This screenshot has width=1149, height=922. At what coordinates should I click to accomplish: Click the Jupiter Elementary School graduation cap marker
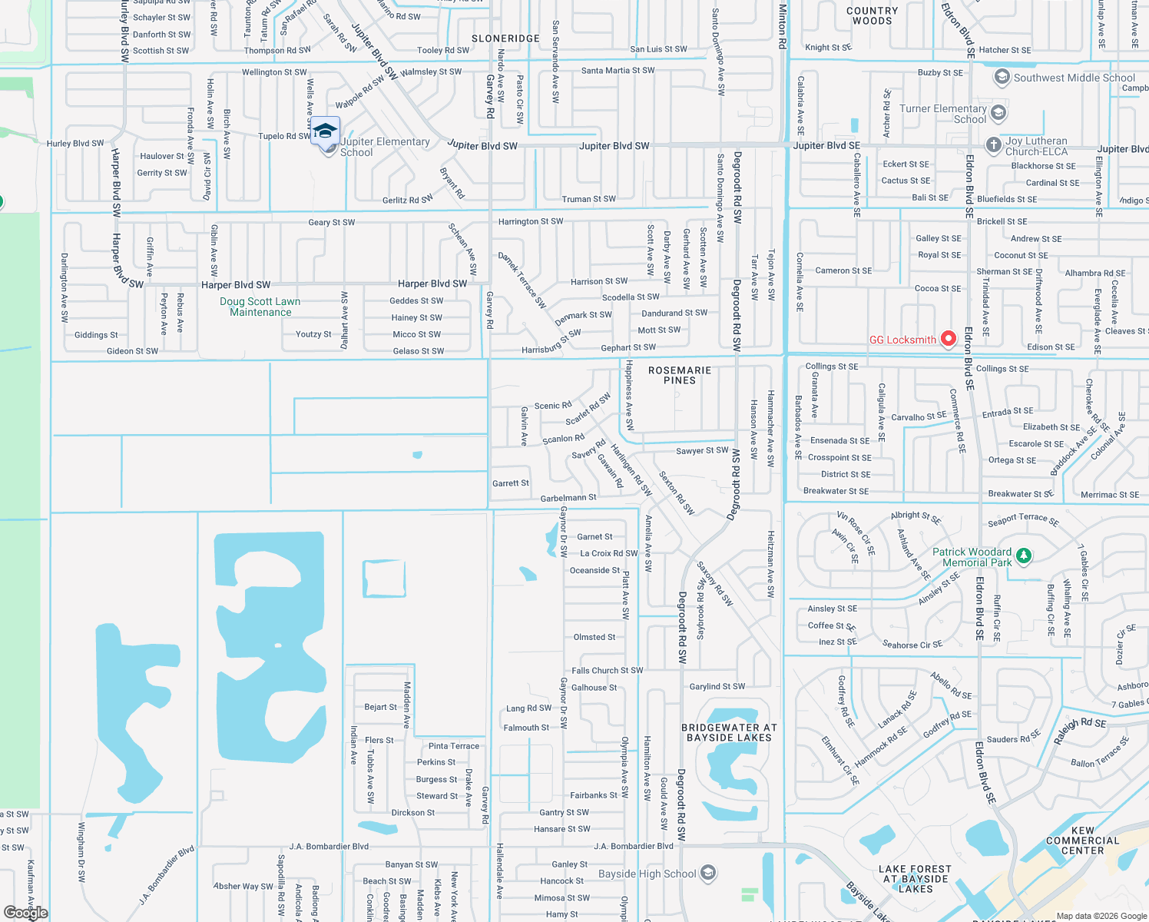click(x=325, y=130)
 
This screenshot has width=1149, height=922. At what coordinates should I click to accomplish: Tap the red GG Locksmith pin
click(x=948, y=338)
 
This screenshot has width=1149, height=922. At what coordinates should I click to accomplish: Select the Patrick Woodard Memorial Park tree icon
click(x=1023, y=555)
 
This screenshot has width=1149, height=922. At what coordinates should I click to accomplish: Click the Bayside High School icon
click(x=708, y=873)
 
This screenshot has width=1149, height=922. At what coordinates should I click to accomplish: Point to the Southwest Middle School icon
click(x=1002, y=77)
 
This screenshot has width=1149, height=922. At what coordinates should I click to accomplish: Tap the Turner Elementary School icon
click(x=998, y=113)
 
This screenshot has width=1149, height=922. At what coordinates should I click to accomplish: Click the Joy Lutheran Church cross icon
click(x=993, y=144)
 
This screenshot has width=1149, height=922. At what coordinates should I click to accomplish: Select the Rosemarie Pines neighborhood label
click(x=680, y=375)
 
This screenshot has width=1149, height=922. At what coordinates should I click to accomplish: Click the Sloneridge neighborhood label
click(x=505, y=38)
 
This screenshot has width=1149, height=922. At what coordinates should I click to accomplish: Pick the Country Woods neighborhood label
click(x=872, y=16)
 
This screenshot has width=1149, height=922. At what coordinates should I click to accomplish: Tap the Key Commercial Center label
click(x=1082, y=841)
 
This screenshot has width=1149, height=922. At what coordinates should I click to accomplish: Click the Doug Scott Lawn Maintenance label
click(x=260, y=307)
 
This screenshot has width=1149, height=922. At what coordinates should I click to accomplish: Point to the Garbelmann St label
click(x=568, y=498)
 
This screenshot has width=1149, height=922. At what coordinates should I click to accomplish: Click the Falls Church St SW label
click(x=608, y=671)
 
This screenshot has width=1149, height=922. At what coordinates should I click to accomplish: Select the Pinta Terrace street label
click(x=453, y=746)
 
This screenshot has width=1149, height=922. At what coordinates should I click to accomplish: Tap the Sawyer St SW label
click(x=702, y=451)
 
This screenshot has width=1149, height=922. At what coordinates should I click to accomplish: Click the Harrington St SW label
click(x=531, y=221)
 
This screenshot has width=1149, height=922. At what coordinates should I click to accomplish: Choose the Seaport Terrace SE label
click(x=1023, y=520)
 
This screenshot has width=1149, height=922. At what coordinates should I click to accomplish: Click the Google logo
click(x=26, y=913)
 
